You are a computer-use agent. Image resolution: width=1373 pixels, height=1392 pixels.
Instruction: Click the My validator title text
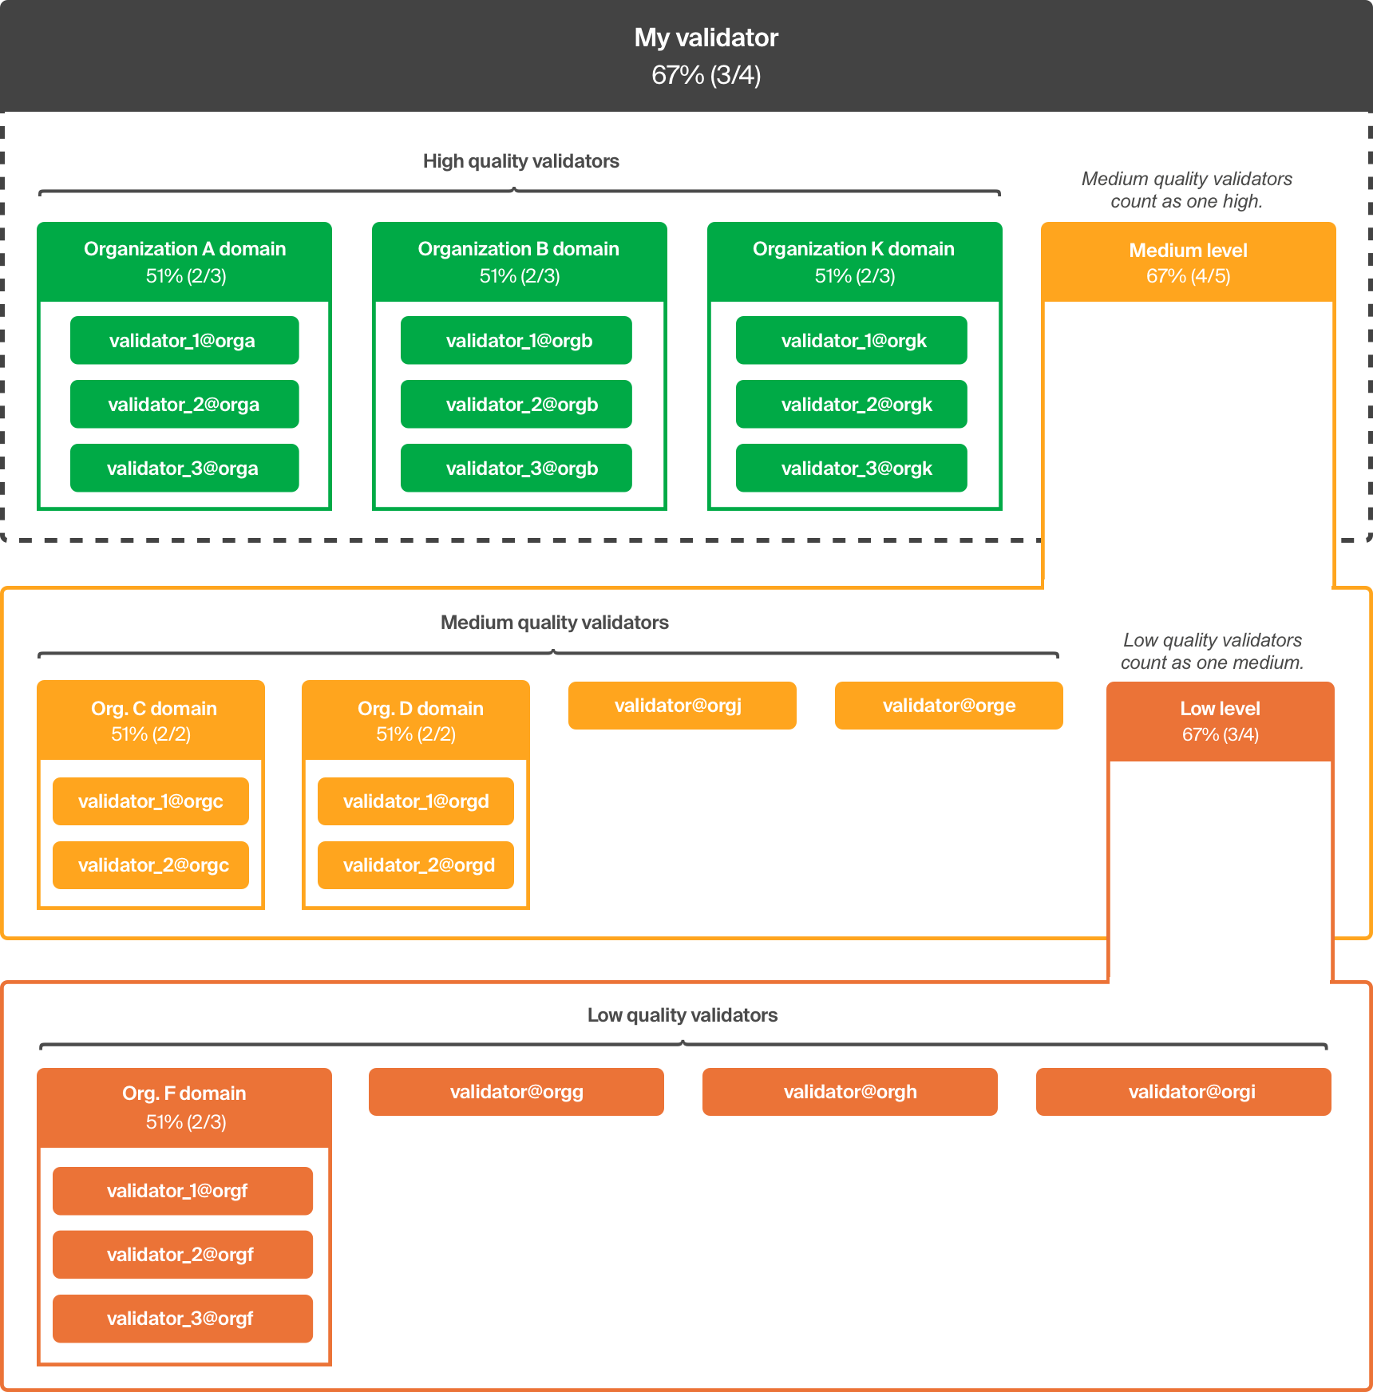(x=706, y=38)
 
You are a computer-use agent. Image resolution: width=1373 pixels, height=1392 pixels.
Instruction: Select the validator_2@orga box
(x=184, y=405)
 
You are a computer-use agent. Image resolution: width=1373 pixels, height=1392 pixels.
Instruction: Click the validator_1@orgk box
(x=852, y=341)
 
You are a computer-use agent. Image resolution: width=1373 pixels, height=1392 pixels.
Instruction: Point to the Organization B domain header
(x=519, y=262)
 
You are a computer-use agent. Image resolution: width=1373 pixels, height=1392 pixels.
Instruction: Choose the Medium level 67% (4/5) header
(x=1188, y=263)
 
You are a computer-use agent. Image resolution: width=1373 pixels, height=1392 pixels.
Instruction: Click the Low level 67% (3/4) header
(x=1220, y=721)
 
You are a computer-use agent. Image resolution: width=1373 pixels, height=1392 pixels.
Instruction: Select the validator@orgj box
(x=682, y=706)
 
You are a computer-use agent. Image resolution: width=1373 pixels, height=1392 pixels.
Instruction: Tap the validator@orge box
(x=948, y=706)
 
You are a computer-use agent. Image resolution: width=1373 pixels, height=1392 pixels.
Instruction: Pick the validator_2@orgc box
(x=151, y=865)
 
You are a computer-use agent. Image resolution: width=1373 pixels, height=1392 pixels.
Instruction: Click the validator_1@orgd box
(x=416, y=801)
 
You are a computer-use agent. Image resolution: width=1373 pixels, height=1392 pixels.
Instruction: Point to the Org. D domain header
(x=416, y=720)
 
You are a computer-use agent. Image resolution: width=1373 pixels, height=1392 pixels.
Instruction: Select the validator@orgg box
(x=516, y=1092)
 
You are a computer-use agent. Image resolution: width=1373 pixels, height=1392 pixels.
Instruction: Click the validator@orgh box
(x=850, y=1092)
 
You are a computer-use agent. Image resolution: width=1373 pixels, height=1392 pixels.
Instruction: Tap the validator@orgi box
(x=1184, y=1092)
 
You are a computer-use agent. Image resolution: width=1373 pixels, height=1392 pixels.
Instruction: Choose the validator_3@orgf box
(x=183, y=1319)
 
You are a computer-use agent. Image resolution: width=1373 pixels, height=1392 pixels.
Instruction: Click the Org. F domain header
(x=184, y=1107)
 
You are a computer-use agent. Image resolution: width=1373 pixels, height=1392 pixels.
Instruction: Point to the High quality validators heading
(x=520, y=161)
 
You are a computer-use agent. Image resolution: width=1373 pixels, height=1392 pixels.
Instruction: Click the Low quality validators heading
(x=683, y=1015)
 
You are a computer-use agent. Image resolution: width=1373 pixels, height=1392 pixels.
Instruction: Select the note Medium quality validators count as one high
(x=1186, y=190)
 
